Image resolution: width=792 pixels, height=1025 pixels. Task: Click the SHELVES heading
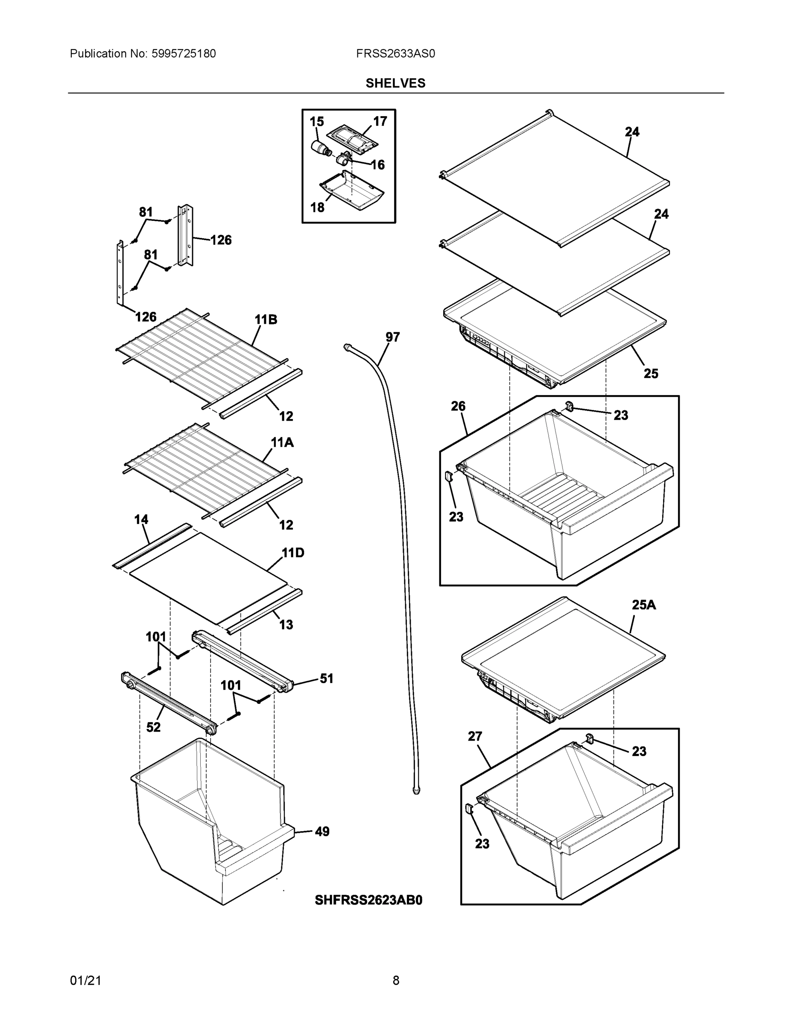pyautogui.click(x=395, y=83)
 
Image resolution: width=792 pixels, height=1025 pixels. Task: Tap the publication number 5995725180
pyautogui.click(x=183, y=53)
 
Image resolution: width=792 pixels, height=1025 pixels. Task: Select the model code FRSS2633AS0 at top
pyautogui.click(x=395, y=53)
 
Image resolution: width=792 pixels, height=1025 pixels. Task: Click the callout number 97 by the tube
pyautogui.click(x=392, y=337)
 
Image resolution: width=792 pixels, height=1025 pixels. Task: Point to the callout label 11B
pyautogui.click(x=266, y=319)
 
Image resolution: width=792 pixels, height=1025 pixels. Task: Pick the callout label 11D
pyautogui.click(x=292, y=553)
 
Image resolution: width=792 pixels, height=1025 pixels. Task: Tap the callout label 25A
pyautogui.click(x=643, y=605)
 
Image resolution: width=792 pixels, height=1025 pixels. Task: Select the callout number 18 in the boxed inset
pyautogui.click(x=317, y=207)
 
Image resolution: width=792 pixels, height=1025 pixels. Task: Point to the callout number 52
pyautogui.click(x=153, y=727)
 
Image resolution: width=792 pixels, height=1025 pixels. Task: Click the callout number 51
pyautogui.click(x=326, y=678)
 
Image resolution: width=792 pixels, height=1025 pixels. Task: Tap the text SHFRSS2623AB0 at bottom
pyautogui.click(x=368, y=900)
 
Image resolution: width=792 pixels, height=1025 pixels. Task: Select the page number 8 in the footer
pyautogui.click(x=395, y=981)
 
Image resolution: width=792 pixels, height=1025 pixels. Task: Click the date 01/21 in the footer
pyautogui.click(x=85, y=981)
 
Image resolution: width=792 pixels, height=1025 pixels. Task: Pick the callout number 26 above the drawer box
pyautogui.click(x=458, y=406)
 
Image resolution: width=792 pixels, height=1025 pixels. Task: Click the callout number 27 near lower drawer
pyautogui.click(x=474, y=736)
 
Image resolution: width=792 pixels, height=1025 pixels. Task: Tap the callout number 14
pyautogui.click(x=141, y=519)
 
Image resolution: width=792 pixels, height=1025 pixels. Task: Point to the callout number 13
pyautogui.click(x=286, y=625)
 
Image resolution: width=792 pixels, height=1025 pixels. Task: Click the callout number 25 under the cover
pyautogui.click(x=650, y=374)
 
